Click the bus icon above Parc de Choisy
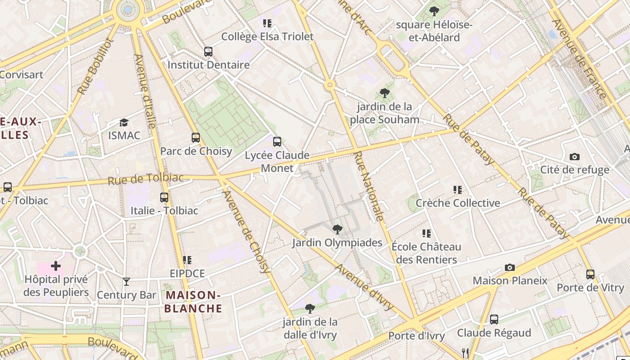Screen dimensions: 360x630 tap(195, 138)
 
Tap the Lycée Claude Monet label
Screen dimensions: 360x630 tap(277, 162)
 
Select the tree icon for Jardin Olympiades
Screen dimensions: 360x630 tap(337, 229)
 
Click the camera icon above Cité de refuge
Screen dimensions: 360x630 tap(574, 157)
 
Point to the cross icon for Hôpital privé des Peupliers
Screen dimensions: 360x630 tap(56, 266)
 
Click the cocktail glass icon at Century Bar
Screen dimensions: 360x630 tap(126, 282)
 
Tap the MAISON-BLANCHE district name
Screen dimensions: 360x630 tap(193, 301)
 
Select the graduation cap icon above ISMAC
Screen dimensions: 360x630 tap(124, 122)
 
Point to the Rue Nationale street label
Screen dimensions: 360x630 tap(369, 186)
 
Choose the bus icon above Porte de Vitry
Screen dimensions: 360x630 tap(590, 274)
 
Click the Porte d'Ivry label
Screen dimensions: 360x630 tap(416, 336)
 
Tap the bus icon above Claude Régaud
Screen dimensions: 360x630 tap(494, 319)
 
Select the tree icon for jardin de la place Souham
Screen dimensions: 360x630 tap(384, 94)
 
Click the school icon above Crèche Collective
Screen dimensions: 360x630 tap(458, 190)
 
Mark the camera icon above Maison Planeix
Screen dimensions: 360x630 tap(509, 267)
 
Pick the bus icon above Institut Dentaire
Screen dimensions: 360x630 tap(208, 52)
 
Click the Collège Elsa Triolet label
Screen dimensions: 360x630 tap(267, 36)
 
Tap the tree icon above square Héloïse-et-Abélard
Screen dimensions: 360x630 tap(434, 11)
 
